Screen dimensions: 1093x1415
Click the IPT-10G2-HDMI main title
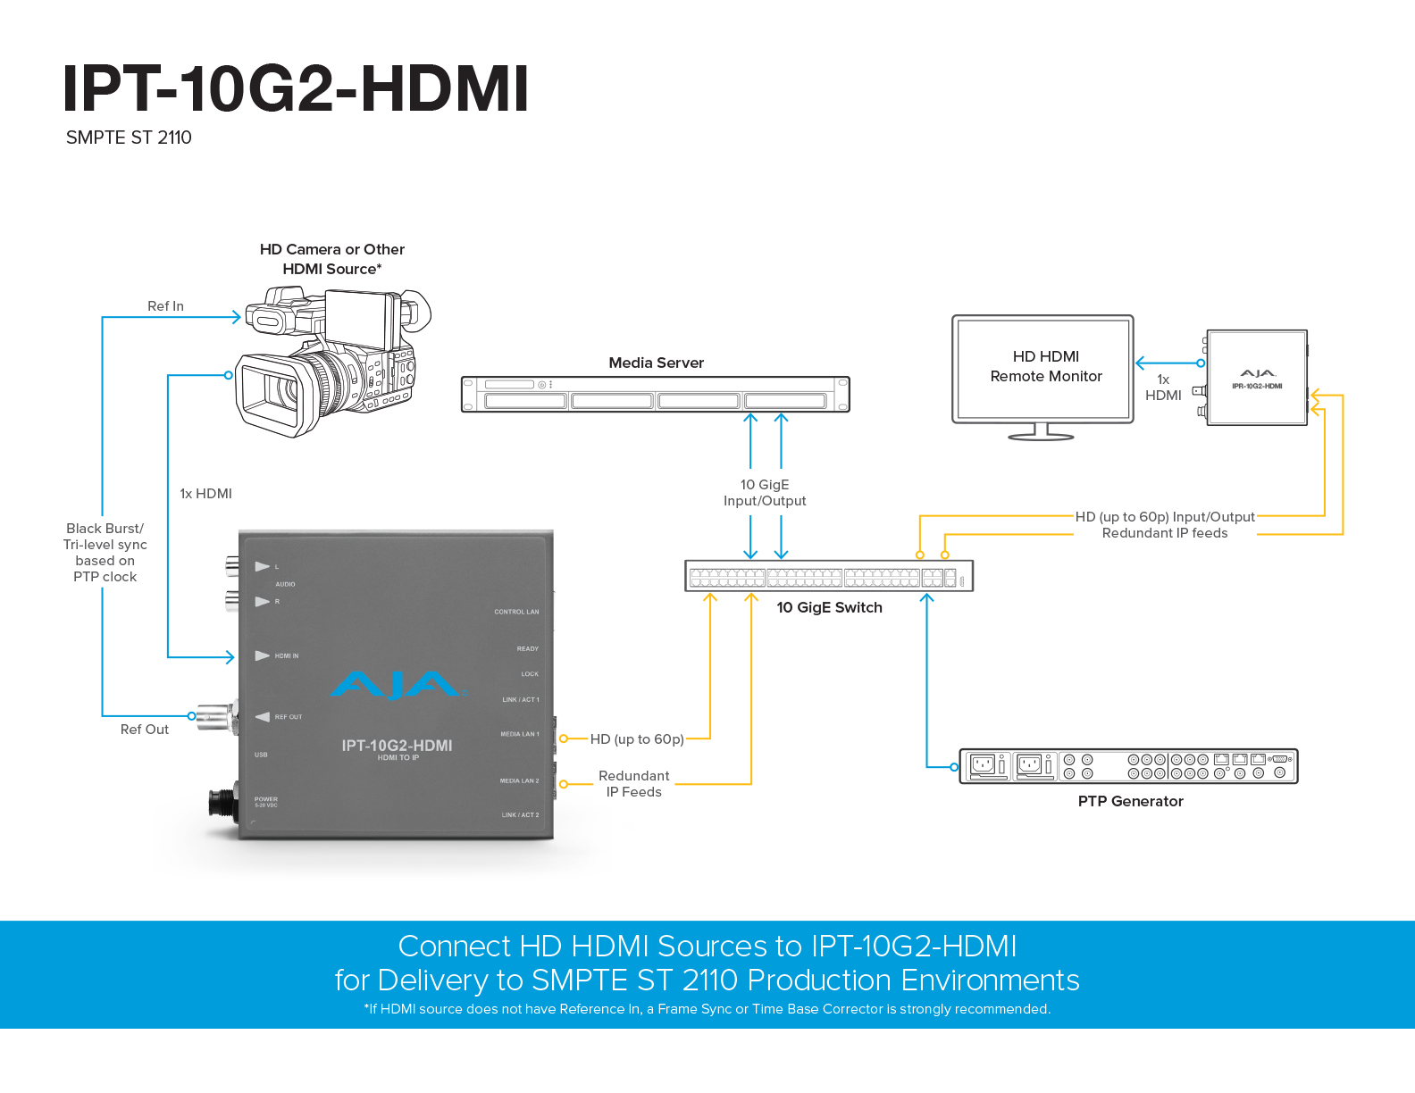tap(296, 89)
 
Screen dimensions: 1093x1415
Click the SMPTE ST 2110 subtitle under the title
tap(129, 138)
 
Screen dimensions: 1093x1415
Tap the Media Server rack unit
tap(655, 394)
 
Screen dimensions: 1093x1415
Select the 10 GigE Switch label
tap(829, 607)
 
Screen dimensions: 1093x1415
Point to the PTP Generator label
tap(1130, 801)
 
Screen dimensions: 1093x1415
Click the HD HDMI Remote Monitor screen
tap(1043, 367)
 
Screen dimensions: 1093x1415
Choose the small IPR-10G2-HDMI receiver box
tap(1257, 379)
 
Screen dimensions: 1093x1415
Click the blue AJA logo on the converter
tap(397, 685)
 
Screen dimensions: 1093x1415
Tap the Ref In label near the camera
tap(165, 306)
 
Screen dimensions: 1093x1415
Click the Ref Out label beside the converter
tap(145, 730)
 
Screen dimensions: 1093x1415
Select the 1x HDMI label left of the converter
tap(205, 494)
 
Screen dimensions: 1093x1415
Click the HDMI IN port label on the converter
tap(287, 656)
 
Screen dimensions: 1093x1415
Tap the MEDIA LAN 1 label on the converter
tap(519, 734)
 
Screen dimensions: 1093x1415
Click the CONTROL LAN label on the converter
tap(516, 612)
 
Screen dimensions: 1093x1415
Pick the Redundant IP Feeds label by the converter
tap(633, 784)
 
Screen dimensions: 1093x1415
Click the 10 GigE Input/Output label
tap(765, 493)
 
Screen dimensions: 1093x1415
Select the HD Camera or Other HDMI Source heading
tap(332, 259)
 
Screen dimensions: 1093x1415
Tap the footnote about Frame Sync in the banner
tap(707, 1009)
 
